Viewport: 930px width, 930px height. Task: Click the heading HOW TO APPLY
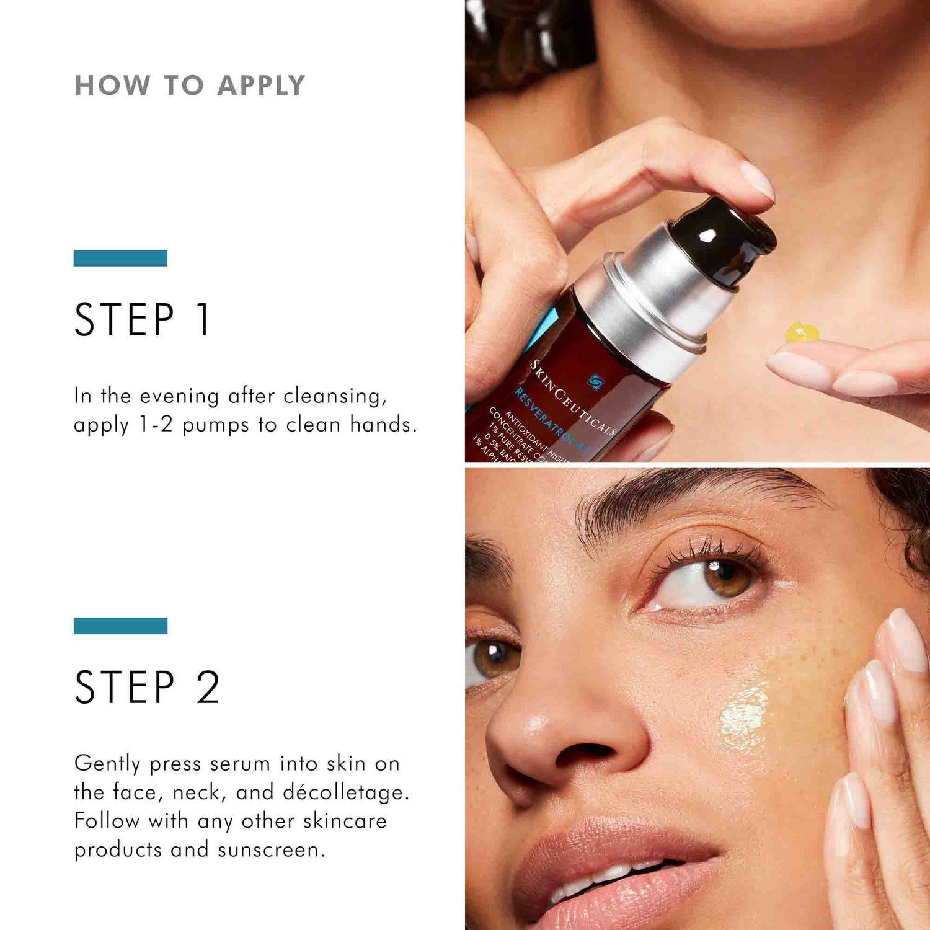[x=190, y=86]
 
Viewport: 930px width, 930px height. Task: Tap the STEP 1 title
[x=143, y=320]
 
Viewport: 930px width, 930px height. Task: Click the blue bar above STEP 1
[x=120, y=258]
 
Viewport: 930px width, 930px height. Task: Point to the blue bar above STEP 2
[x=120, y=626]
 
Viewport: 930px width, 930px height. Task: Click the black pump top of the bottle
[x=732, y=239]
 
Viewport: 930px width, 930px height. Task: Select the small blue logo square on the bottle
[x=596, y=381]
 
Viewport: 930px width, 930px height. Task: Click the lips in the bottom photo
[x=620, y=868]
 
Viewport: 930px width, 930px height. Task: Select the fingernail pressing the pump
[x=758, y=180]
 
